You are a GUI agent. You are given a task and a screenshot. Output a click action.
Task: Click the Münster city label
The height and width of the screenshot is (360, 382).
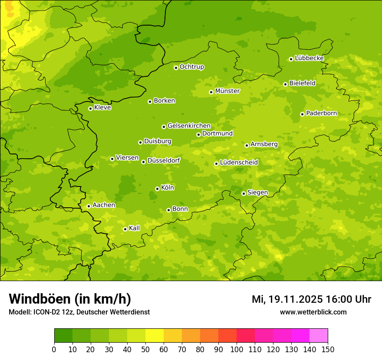pos(227,91)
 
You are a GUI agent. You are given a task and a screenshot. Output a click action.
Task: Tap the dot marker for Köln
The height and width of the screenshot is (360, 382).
pos(157,189)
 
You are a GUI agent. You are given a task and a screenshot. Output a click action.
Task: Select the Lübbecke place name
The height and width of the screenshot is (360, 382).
pos(309,58)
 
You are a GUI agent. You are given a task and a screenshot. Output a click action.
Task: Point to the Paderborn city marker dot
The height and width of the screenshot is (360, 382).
pos(302,114)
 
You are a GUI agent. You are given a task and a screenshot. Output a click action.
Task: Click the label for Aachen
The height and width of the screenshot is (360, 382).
pos(104,205)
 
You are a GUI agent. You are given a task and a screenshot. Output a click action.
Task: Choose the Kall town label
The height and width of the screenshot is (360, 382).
pos(135,228)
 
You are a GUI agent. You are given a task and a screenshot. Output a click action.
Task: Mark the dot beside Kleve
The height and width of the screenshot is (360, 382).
pos(90,108)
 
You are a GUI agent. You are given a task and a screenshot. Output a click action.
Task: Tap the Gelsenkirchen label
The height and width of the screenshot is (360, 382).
pos(189,126)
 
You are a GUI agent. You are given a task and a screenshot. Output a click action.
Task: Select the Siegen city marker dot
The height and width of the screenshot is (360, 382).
pos(244,193)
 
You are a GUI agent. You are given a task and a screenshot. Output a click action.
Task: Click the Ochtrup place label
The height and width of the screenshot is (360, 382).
pos(192,67)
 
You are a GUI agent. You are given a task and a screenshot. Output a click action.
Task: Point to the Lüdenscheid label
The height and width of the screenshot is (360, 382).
pos(239,163)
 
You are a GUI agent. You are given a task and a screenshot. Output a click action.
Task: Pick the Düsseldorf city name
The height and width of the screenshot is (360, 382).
pos(164,160)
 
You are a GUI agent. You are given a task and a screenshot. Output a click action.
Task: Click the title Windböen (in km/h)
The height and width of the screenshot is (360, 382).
pos(70,299)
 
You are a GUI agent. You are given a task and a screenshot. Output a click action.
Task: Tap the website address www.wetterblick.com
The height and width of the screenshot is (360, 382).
pos(313,312)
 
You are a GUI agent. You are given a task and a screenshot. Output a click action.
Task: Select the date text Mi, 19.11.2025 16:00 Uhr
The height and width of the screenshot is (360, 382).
pos(311,299)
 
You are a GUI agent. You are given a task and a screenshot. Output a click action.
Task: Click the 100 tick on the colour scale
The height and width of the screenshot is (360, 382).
pos(237,349)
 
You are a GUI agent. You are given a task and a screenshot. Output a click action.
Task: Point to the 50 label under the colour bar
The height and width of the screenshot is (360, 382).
pos(145,349)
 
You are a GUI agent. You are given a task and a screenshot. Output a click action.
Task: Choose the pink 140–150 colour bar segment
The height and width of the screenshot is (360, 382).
pos(319,336)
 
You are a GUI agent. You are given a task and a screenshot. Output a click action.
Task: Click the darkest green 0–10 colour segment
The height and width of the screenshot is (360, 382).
pos(63,336)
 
